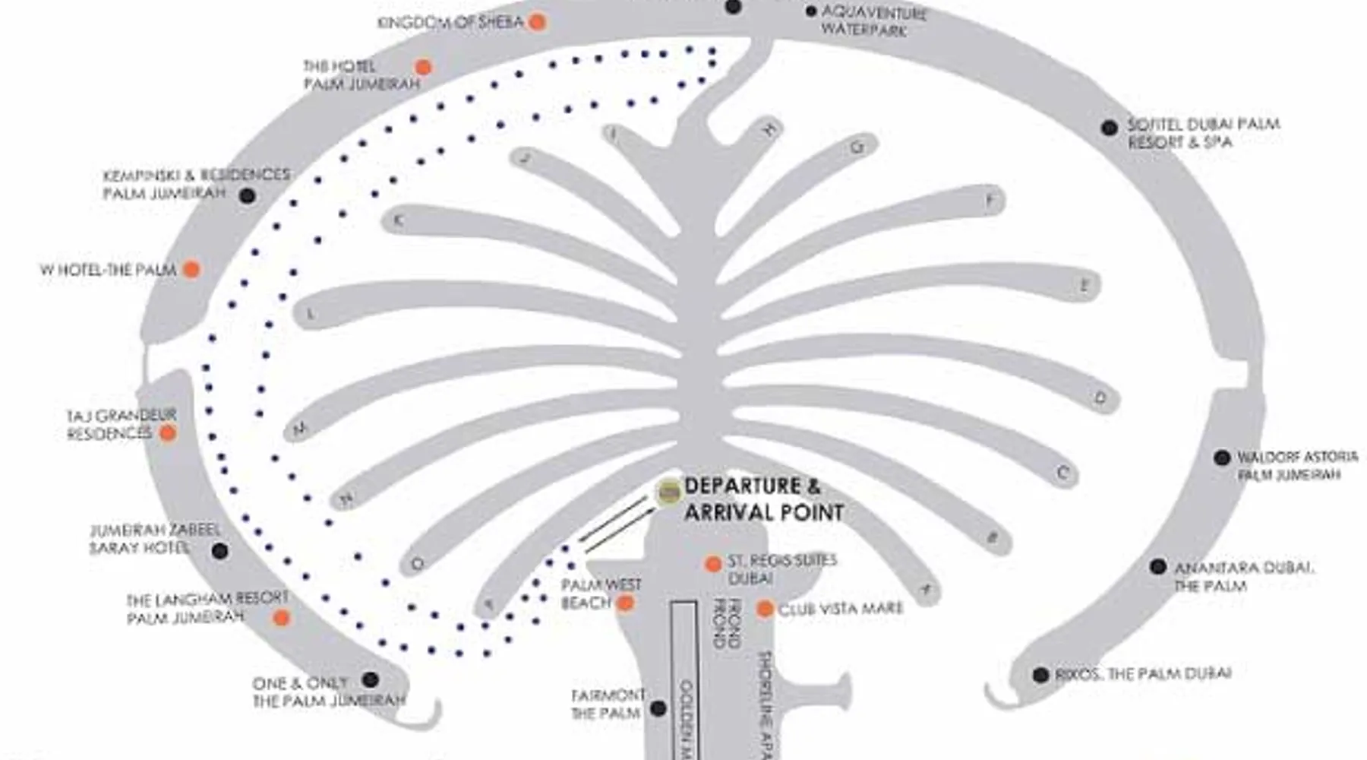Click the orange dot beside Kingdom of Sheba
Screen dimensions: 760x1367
[537, 22]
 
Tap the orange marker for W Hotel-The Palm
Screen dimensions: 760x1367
[191, 269]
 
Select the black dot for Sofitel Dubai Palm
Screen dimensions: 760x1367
[1110, 128]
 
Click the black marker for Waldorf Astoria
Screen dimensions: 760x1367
[1221, 458]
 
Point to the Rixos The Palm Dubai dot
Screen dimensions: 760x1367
[1040, 674]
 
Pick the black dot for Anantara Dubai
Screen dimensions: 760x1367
[1157, 566]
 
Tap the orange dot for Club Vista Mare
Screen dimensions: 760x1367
[765, 609]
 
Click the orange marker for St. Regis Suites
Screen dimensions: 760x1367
[712, 564]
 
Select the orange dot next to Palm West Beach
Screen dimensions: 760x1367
[625, 603]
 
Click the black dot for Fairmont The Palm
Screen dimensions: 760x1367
[658, 708]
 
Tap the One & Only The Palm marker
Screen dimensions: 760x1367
[370, 679]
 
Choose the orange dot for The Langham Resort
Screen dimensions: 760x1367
[281, 618]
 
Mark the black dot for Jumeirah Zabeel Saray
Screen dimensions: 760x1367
[219, 551]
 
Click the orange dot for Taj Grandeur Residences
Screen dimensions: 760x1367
[168, 433]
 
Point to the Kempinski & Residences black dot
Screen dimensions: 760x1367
[247, 195]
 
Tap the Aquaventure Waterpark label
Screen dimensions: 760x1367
[873, 21]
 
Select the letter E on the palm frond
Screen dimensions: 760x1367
[1084, 286]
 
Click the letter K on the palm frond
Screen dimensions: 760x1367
[397, 220]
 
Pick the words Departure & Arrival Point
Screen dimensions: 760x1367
[763, 499]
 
